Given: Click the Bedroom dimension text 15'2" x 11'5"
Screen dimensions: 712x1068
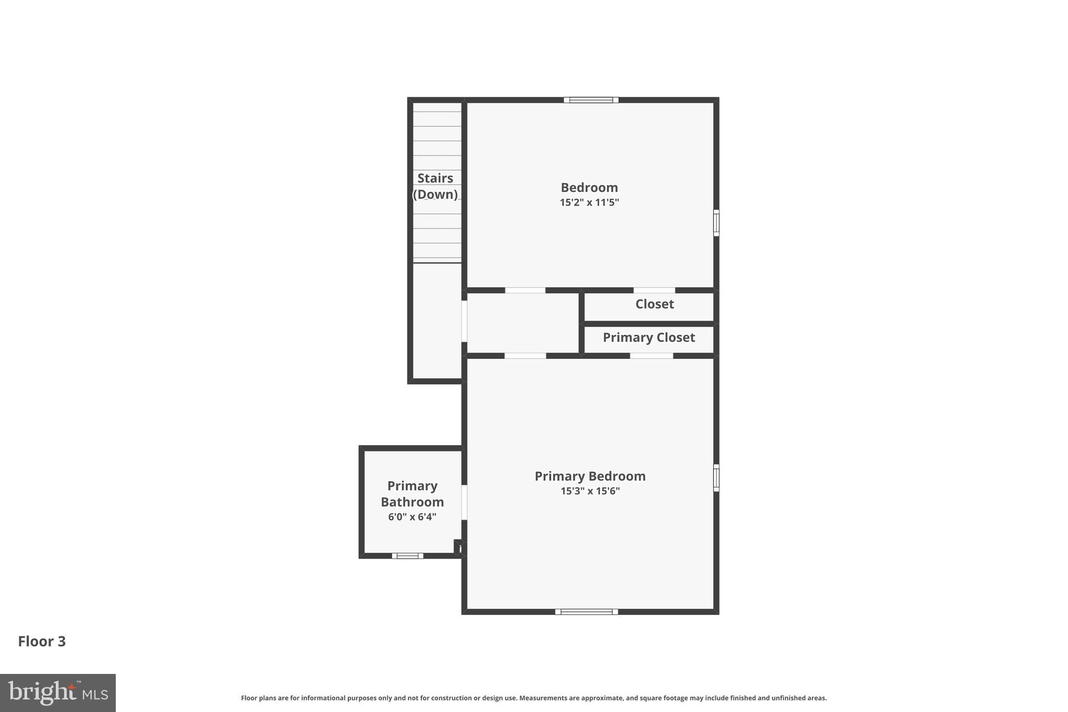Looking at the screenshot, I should pyautogui.click(x=589, y=202).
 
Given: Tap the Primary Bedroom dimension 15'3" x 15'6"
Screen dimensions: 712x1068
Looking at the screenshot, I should pyautogui.click(x=590, y=491).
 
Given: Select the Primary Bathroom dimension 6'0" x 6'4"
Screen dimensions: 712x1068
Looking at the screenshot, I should pyautogui.click(x=412, y=517).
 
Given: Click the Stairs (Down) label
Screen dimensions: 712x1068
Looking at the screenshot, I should pyautogui.click(x=435, y=186).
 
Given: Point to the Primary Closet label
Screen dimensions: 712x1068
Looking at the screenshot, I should pyautogui.click(x=649, y=337).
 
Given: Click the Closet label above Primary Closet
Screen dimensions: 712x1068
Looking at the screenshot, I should pyautogui.click(x=654, y=304).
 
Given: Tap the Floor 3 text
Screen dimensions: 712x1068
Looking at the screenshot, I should pyautogui.click(x=42, y=642).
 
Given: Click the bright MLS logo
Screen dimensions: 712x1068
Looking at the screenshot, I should pyautogui.click(x=57, y=693).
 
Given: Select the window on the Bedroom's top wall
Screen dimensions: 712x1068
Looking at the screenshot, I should pyautogui.click(x=591, y=100).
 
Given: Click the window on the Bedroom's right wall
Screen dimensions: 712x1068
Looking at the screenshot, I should pyautogui.click(x=716, y=223).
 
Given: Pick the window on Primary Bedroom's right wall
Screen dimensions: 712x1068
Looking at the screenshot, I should pyautogui.click(x=716, y=478).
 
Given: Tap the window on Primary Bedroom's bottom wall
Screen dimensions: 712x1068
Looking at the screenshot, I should pyautogui.click(x=586, y=612).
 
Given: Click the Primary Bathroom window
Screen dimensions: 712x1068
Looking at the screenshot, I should pyautogui.click(x=407, y=556).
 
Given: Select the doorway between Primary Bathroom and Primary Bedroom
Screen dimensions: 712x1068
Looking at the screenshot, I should pyautogui.click(x=464, y=502).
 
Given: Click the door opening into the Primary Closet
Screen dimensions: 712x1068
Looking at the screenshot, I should pyautogui.click(x=651, y=356).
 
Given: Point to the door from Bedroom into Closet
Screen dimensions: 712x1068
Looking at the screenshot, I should pyautogui.click(x=654, y=291).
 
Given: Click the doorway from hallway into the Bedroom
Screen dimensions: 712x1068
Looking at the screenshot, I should pyautogui.click(x=525, y=291).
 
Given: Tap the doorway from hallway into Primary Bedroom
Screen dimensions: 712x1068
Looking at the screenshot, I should pyautogui.click(x=525, y=356).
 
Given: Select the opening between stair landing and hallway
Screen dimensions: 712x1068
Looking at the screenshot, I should pyautogui.click(x=464, y=321).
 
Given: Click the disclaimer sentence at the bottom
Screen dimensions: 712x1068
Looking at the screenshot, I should pyautogui.click(x=533, y=698).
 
